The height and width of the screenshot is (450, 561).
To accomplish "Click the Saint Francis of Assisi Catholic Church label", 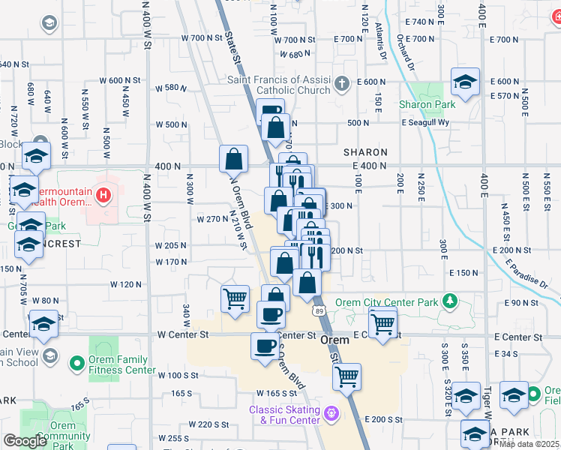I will coord(279,85).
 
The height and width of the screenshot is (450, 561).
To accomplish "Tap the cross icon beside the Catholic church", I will coord(342,83).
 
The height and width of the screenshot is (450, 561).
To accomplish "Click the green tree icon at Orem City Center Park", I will coord(450,301).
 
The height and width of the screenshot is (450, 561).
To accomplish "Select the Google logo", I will coord(24,442).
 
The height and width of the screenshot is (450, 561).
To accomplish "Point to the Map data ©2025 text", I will coord(529,444).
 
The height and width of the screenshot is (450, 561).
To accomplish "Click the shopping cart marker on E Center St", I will coord(382,324).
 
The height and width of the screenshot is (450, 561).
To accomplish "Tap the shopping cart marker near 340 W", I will coord(235,298).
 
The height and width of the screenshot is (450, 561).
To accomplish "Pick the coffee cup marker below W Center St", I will coord(265,346).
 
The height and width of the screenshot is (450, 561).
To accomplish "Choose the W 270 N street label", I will coord(211,220).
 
